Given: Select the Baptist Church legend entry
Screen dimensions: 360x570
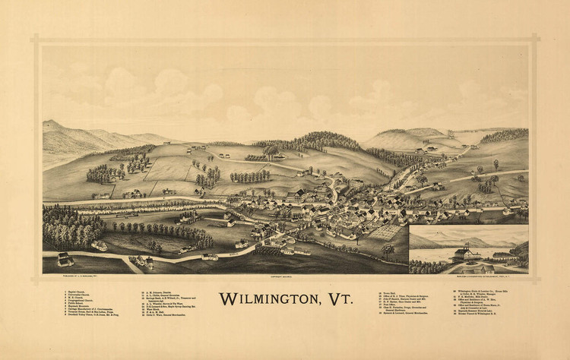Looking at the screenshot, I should [x=76, y=291].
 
